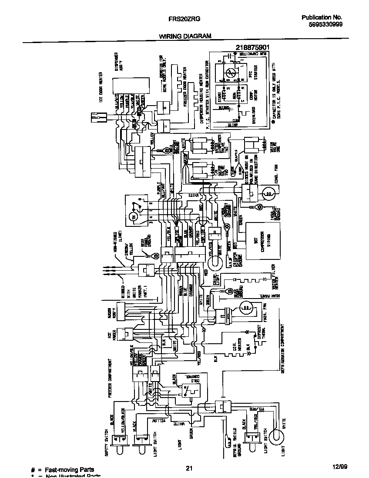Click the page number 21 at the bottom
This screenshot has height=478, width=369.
point(189,468)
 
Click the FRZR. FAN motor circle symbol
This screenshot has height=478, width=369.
point(247,308)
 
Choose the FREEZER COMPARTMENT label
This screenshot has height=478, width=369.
point(111,378)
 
